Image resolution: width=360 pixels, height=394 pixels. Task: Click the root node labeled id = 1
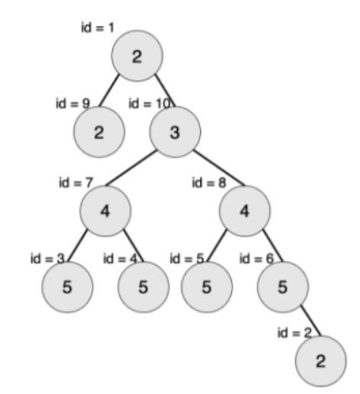137,56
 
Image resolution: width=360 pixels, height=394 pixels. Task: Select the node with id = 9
99,132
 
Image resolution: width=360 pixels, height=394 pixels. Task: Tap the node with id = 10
175,132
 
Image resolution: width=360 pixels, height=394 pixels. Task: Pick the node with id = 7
105,211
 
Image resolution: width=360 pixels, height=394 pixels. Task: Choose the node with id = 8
245,211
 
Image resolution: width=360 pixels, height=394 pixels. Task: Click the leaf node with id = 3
67,287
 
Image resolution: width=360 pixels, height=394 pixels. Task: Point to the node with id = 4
144,287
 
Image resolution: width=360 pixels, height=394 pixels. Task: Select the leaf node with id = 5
206,287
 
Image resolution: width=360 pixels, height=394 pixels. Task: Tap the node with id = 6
283,287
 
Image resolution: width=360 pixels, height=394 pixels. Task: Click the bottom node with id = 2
321,361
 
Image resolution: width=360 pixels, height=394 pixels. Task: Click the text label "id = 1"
97,27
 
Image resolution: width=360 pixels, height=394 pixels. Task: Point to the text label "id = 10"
149,103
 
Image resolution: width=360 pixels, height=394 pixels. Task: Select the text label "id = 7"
76,182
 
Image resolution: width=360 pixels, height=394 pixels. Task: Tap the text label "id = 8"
209,182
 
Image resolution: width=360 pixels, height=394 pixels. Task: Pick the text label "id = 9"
73,103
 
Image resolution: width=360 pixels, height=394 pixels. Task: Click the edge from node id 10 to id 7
131,168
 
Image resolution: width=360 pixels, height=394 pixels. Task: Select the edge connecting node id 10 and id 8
219,168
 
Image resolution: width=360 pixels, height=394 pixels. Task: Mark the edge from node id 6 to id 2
311,320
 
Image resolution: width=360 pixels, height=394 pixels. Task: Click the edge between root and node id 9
109,90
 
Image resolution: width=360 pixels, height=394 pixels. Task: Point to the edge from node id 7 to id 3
77,245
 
